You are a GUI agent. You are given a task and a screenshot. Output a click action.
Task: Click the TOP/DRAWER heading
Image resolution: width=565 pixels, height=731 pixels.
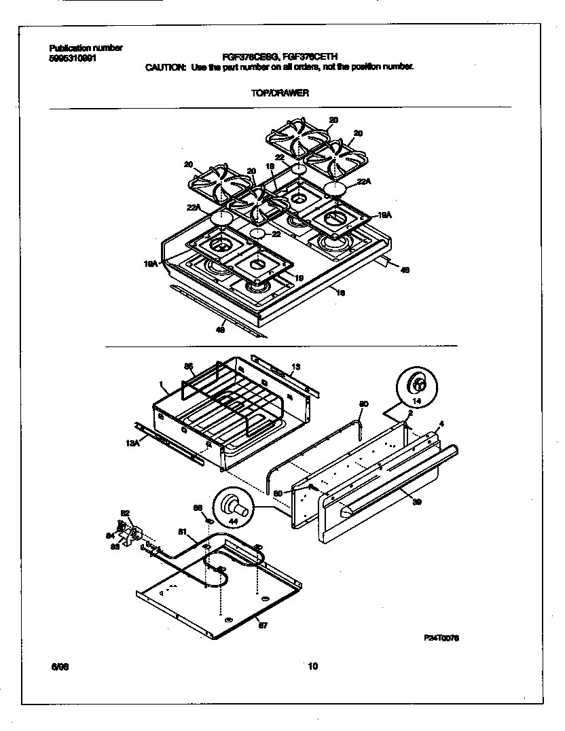pos(280,93)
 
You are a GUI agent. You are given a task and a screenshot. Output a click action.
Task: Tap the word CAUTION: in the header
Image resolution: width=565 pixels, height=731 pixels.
pos(166,67)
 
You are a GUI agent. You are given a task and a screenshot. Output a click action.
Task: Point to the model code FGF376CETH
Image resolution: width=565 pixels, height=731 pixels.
pos(320,58)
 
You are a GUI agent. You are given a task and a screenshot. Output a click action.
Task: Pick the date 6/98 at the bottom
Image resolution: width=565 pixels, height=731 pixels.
pos(59,667)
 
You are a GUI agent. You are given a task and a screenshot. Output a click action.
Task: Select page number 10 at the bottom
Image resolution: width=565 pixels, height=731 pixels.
pos(312,667)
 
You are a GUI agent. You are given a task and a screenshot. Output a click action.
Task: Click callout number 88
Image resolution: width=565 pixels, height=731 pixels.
pos(198,507)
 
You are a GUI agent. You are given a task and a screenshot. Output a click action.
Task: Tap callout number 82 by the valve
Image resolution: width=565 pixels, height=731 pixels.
pos(125,513)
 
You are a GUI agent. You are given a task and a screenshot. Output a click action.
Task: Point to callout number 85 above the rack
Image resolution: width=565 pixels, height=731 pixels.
pos(189,365)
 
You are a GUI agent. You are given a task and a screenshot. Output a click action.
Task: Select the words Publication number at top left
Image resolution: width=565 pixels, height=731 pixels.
pos(86,48)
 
